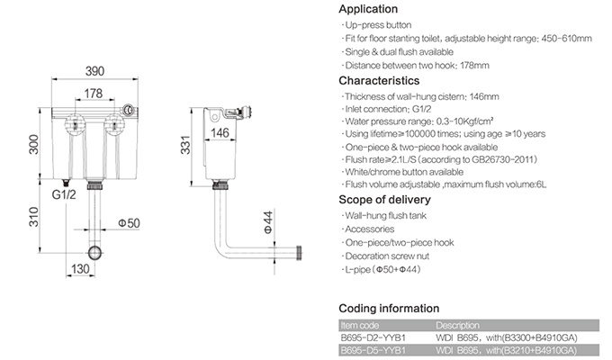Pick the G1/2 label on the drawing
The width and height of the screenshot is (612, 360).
pos(63,193)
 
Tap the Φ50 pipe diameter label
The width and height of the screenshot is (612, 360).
pos(127,222)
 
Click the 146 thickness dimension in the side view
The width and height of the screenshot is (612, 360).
pos(220,133)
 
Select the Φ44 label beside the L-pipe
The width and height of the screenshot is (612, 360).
pos(266,221)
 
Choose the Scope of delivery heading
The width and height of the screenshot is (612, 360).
pos(384,200)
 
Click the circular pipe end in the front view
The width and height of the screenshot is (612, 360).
pos(95,251)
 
